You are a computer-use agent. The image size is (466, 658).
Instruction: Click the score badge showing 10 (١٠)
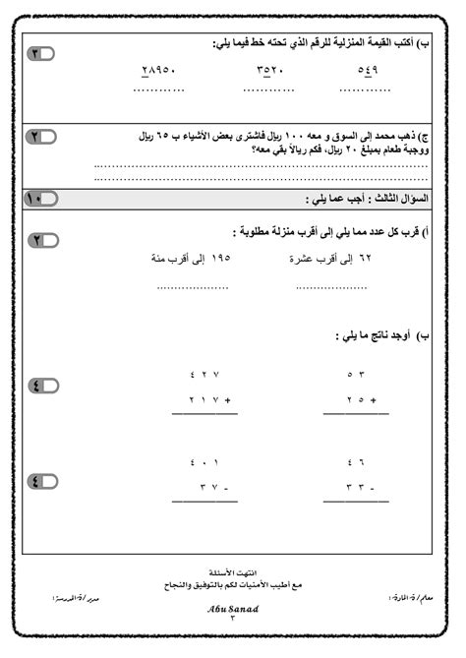pos(40,199)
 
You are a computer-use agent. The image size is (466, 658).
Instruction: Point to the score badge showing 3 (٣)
pos(40,53)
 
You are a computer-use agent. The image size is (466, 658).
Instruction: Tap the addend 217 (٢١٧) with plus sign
pos(207,400)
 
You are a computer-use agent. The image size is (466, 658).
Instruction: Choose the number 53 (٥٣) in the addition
pos(356,375)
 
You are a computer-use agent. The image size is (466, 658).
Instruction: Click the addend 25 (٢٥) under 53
pos(359,400)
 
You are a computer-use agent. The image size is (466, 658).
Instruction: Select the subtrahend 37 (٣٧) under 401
pos(210,488)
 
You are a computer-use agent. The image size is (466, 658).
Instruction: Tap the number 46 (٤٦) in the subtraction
pos(356,462)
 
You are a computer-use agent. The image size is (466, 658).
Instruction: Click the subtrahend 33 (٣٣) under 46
pos(359,488)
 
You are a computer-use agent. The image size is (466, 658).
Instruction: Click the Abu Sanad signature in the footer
pos(232,608)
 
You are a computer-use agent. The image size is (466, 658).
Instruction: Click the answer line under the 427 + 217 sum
pos(204,414)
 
